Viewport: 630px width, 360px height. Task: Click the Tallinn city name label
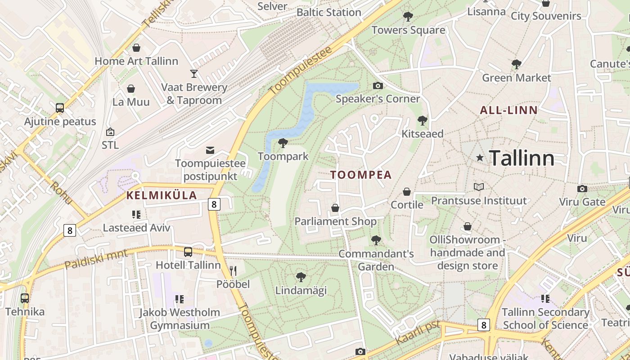pyautogui.click(x=522, y=158)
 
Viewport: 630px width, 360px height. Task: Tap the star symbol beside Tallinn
pyautogui.click(x=480, y=158)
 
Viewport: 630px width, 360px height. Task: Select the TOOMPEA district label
pyautogui.click(x=361, y=175)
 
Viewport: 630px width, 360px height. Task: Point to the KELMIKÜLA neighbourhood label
pyautogui.click(x=162, y=195)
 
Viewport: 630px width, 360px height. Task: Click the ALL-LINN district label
pyautogui.click(x=508, y=110)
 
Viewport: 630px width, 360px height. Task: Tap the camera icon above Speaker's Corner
pyautogui.click(x=378, y=85)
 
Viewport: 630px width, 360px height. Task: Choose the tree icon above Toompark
pyautogui.click(x=283, y=143)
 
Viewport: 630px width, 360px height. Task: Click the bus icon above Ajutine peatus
pyautogui.click(x=60, y=108)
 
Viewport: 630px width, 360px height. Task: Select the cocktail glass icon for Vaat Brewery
pyautogui.click(x=194, y=74)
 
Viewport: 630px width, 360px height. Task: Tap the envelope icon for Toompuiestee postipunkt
pyautogui.click(x=210, y=150)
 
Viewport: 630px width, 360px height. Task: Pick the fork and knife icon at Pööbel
pyautogui.click(x=233, y=270)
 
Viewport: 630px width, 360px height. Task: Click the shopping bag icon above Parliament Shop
pyautogui.click(x=335, y=208)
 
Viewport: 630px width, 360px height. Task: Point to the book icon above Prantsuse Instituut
pyautogui.click(x=479, y=187)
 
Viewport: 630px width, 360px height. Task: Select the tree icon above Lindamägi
pyautogui.click(x=301, y=277)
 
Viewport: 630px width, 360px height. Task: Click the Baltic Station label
pyautogui.click(x=329, y=12)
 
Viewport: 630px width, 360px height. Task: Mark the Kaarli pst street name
pyautogui.click(x=418, y=332)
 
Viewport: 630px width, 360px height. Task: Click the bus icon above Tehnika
pyautogui.click(x=25, y=298)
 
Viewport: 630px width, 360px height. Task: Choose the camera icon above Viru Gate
pyautogui.click(x=582, y=189)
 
